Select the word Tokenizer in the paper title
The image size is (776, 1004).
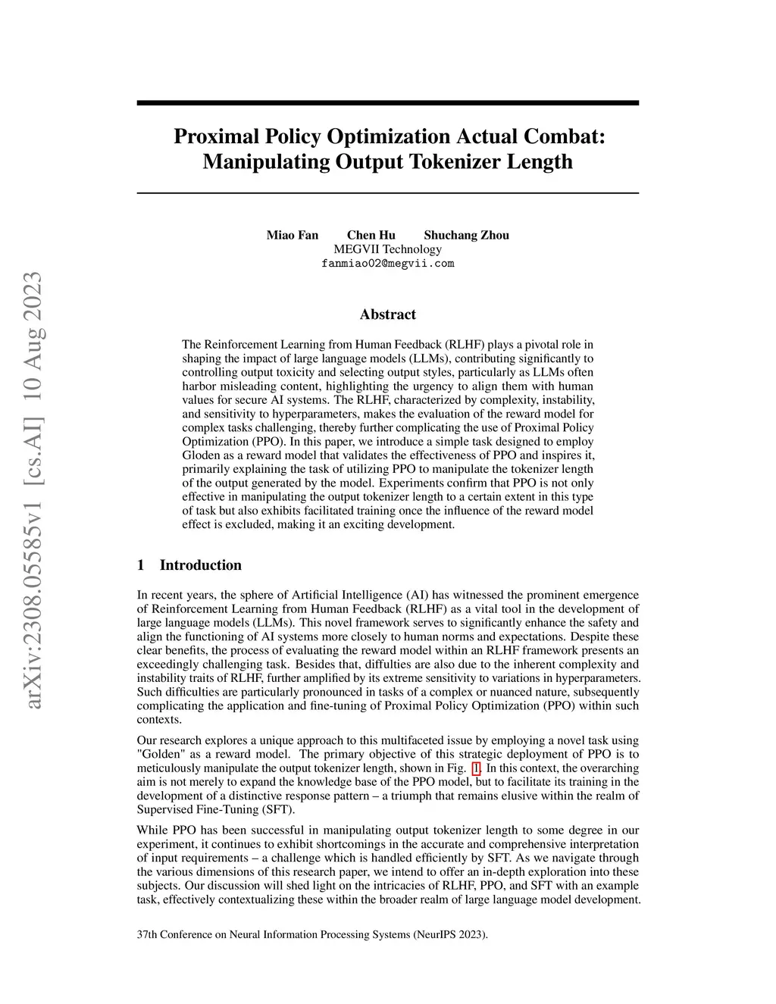[452, 161]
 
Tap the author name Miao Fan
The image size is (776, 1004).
[293, 235]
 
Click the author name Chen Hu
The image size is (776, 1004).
[371, 235]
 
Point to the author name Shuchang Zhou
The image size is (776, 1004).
[466, 235]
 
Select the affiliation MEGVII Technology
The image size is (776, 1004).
[387, 249]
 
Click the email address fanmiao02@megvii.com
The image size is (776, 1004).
[387, 264]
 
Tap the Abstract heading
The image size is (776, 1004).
[387, 314]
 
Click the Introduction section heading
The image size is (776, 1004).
[200, 565]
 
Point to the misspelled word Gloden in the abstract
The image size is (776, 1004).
[200, 455]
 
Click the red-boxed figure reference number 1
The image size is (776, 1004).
[476, 768]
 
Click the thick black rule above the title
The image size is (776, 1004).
[387, 103]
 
